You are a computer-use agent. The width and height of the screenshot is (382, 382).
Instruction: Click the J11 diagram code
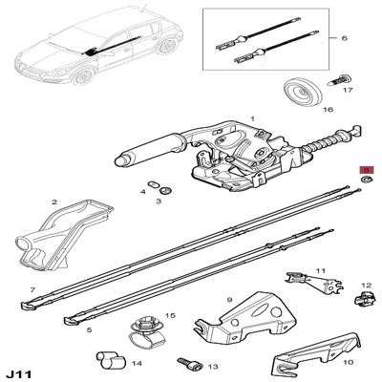coord(19,373)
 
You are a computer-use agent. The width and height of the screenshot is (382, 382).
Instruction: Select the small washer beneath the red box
coord(365,180)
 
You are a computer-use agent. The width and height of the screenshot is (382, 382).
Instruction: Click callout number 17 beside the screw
coord(348,90)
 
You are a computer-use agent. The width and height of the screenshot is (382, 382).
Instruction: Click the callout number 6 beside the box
coord(344,38)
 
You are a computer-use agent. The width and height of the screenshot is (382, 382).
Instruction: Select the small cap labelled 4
coord(154,184)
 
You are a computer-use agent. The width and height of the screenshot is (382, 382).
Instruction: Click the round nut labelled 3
coord(165,191)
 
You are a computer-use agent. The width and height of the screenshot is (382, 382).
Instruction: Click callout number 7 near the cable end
coord(32,289)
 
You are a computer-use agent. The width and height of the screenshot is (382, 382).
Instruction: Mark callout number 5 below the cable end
coord(89,330)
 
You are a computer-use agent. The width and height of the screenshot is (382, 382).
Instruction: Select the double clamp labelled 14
coord(111,361)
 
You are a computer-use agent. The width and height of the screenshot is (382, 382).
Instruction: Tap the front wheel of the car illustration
coord(83,76)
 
